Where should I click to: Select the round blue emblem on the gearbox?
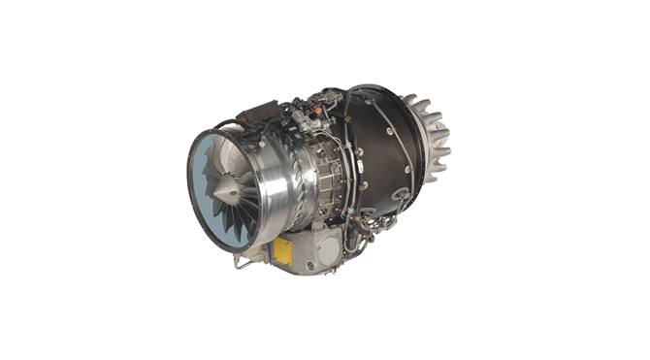coord(311,265)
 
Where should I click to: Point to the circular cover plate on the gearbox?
coord(328,251)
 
